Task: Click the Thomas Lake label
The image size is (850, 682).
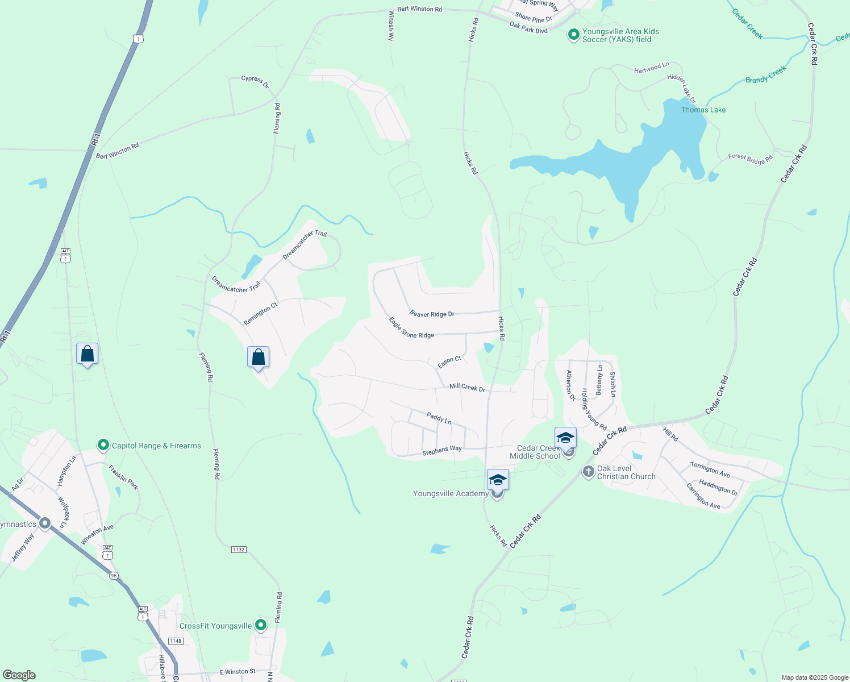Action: [703, 110]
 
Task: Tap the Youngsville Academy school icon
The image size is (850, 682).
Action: [497, 480]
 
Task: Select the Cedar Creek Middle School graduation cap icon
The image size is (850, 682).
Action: [565, 438]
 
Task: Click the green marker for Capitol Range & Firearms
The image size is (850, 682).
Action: [103, 445]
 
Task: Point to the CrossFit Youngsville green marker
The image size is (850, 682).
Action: [261, 625]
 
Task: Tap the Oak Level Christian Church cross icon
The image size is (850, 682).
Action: [588, 472]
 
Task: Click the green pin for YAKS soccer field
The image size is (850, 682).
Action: [573, 35]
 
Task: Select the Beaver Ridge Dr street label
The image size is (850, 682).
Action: [432, 314]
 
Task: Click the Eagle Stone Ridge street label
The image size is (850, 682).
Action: [411, 328]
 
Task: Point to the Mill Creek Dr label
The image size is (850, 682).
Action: [467, 388]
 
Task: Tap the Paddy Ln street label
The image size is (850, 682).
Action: [439, 418]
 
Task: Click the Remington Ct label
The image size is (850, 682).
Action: [260, 314]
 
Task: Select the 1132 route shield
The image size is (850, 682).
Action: [239, 550]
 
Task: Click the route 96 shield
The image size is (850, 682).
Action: [114, 576]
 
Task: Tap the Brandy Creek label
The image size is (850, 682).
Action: [765, 74]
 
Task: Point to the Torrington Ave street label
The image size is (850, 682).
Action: [710, 469]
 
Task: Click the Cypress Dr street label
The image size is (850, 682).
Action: [255, 82]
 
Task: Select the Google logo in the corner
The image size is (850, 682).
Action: [18, 675]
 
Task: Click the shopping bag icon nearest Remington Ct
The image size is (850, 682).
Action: [259, 357]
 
